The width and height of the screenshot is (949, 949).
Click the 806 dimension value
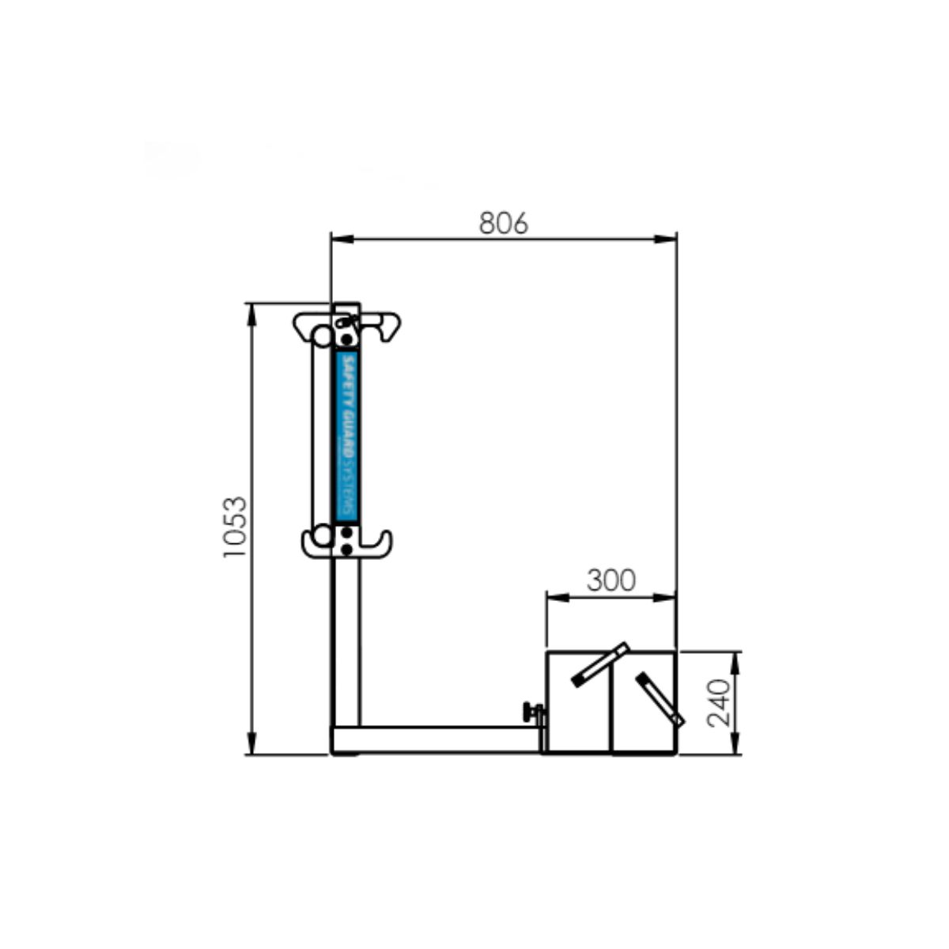503,223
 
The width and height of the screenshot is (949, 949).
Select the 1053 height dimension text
234,527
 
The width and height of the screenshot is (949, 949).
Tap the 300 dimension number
611,580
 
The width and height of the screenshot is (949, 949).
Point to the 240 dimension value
718,703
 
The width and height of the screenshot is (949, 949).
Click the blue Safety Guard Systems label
346,437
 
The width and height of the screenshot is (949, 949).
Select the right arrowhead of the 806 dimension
665,240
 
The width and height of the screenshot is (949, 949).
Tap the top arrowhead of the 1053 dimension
251,315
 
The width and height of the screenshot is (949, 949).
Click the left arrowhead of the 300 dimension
558,598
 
